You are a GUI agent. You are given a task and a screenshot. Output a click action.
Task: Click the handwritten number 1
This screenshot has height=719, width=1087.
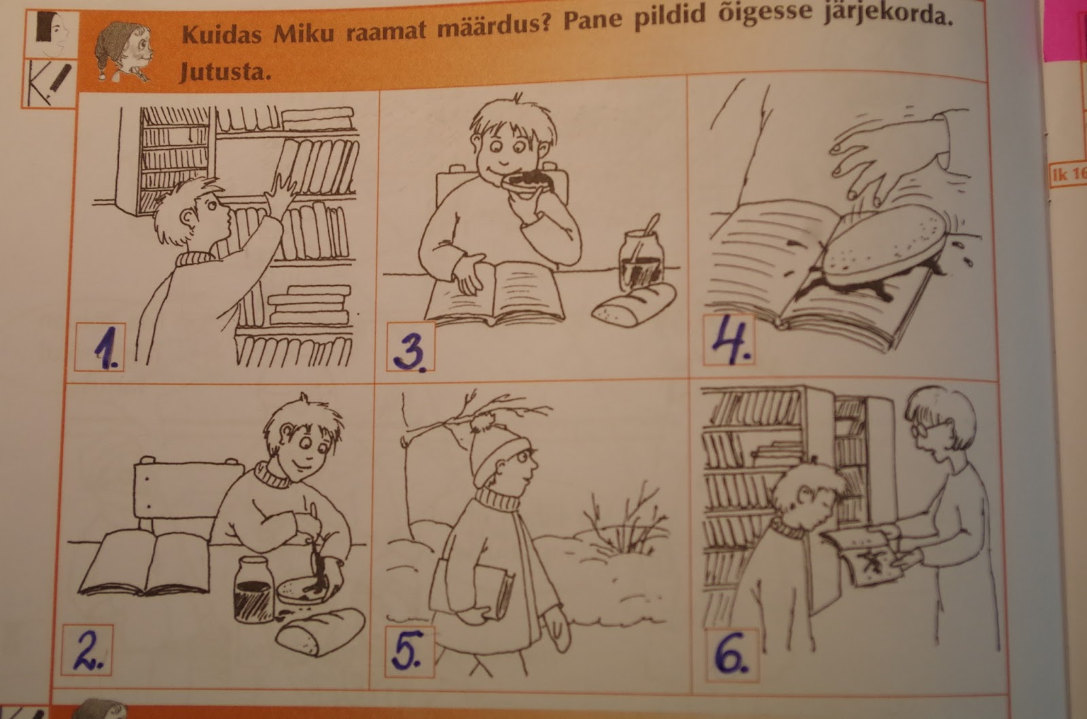(x=106, y=348)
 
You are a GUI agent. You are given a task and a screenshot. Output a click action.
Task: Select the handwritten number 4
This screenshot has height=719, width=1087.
(x=731, y=339)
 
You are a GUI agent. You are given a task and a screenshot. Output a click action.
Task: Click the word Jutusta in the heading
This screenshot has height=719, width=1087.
(x=225, y=72)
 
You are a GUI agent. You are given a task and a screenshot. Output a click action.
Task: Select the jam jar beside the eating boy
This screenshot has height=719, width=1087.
(x=641, y=260)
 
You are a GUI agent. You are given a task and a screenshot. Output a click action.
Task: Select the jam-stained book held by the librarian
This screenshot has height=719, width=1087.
(x=863, y=557)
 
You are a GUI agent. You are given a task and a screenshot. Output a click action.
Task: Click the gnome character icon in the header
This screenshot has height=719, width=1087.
(x=123, y=52)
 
